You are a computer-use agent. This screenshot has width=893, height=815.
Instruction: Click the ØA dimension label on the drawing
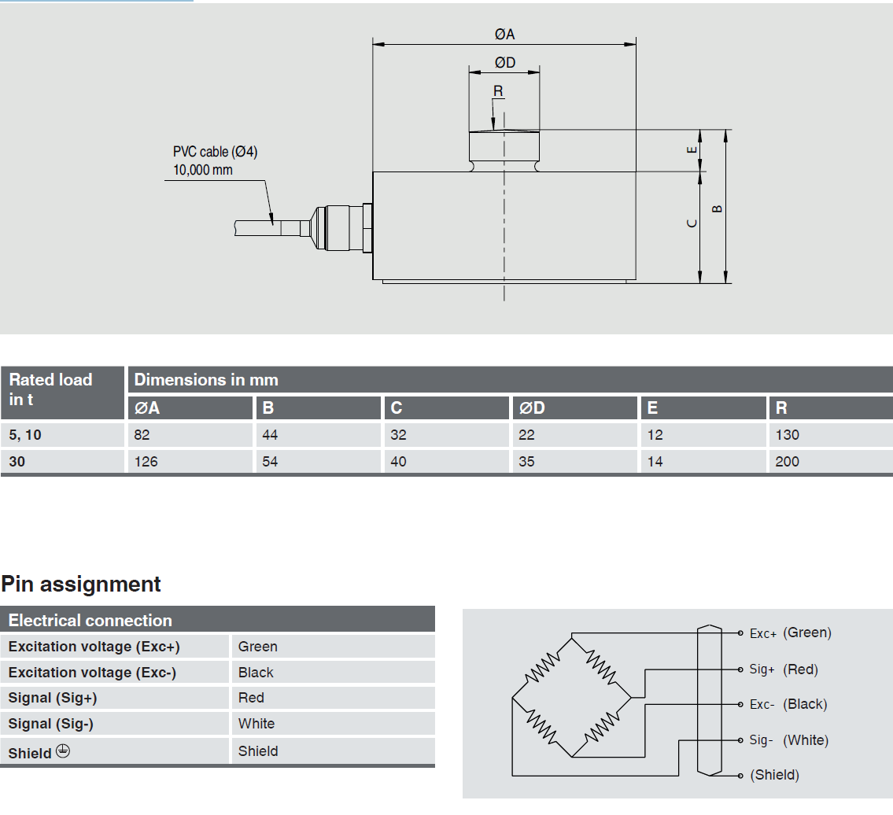tap(504, 34)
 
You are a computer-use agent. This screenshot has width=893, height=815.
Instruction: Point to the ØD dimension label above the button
tap(504, 62)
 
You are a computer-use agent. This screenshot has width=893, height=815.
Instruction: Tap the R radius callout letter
tap(498, 91)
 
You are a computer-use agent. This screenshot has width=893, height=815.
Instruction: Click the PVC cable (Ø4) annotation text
tap(215, 152)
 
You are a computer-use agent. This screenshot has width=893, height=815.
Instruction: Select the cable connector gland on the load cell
tap(341, 228)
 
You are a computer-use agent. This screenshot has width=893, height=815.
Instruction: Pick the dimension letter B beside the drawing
tap(717, 208)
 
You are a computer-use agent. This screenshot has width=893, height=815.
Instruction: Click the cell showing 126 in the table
tap(146, 462)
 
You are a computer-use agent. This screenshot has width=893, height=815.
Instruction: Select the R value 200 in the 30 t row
tap(787, 462)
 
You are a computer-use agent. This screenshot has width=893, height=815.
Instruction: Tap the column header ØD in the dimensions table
tap(532, 408)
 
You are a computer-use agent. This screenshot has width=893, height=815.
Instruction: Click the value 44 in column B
tap(270, 435)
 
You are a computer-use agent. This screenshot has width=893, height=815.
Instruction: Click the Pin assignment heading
tap(81, 585)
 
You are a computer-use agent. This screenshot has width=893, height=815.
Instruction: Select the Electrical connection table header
tap(90, 621)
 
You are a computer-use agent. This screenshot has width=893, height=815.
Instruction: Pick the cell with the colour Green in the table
tap(258, 647)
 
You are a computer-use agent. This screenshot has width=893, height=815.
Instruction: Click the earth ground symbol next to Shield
tap(63, 751)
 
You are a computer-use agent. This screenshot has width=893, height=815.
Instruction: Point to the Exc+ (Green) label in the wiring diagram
tap(790, 632)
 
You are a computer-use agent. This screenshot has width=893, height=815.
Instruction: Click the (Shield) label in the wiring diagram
tap(775, 775)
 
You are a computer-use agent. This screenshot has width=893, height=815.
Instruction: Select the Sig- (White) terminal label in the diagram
tap(788, 740)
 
